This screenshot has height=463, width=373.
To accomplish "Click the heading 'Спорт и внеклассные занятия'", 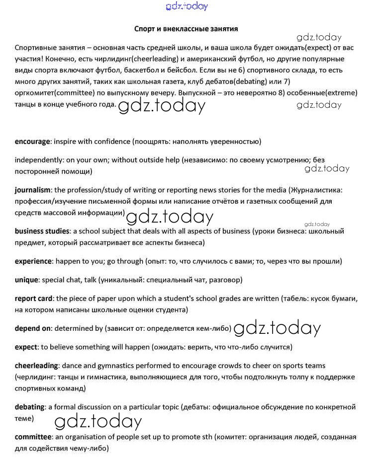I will pyautogui.click(x=186, y=29).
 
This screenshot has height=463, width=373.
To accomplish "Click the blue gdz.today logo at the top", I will pyautogui.click(x=186, y=6).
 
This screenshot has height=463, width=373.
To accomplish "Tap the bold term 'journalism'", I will pyautogui.click(x=33, y=190).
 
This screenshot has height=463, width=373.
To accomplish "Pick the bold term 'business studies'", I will pyautogui.click(x=42, y=231).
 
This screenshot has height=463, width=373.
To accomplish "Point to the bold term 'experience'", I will pyautogui.click(x=33, y=261).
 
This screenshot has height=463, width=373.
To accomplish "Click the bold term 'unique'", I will pyautogui.click(x=26, y=280).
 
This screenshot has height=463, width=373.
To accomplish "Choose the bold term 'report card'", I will pyautogui.click(x=34, y=299).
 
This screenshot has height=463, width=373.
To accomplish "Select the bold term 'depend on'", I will pyautogui.click(x=33, y=328).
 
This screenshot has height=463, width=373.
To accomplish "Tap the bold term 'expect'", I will pyautogui.click(x=26, y=347).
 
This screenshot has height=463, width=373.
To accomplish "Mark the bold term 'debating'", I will pyautogui.click(x=30, y=407).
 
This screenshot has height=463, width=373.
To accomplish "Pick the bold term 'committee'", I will pyautogui.click(x=33, y=437).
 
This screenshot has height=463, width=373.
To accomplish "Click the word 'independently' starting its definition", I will pyautogui.click(x=36, y=160).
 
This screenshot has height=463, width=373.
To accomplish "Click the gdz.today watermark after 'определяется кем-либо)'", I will pyautogui.click(x=277, y=328).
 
